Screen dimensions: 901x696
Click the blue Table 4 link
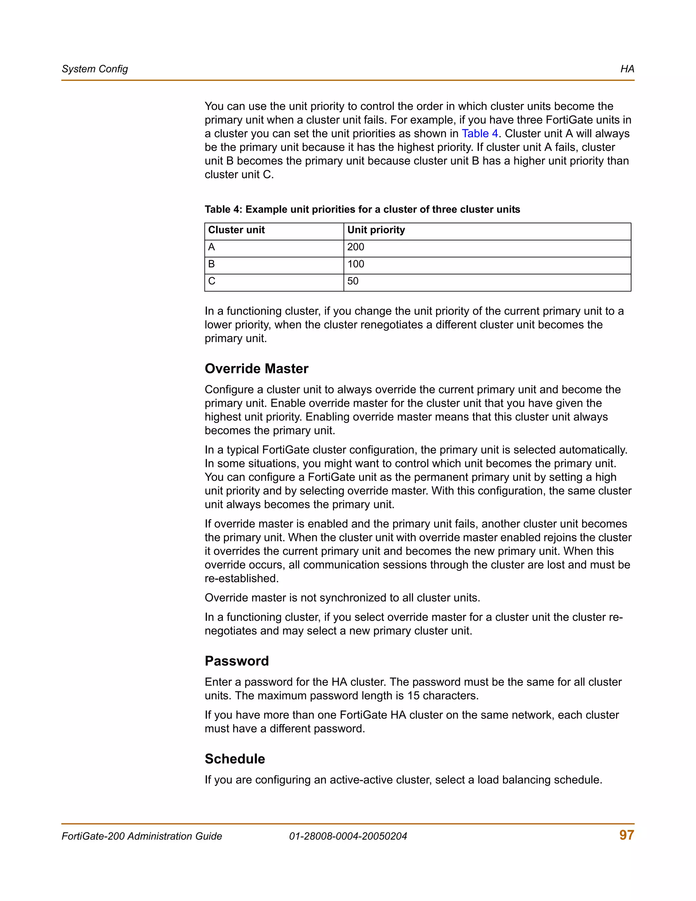coord(480,134)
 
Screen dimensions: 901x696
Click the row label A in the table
coord(211,247)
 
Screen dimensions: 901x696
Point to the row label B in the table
coord(211,264)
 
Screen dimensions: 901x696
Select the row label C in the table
coord(211,282)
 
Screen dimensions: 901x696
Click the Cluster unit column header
coord(236,230)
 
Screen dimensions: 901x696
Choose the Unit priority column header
coord(376,230)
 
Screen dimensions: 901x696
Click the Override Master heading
coord(257,369)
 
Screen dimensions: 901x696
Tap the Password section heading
coord(237,661)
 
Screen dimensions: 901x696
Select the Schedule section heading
coord(234,759)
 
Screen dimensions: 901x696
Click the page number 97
coord(626,835)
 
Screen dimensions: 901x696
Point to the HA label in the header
coord(627,69)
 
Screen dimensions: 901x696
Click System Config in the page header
coord(95,69)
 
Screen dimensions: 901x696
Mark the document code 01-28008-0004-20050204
coord(348,836)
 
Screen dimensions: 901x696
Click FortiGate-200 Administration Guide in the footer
coord(142,836)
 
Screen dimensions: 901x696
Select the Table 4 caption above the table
coord(362,209)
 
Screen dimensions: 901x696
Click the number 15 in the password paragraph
coord(413,696)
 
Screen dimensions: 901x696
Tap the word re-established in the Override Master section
coord(241,579)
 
